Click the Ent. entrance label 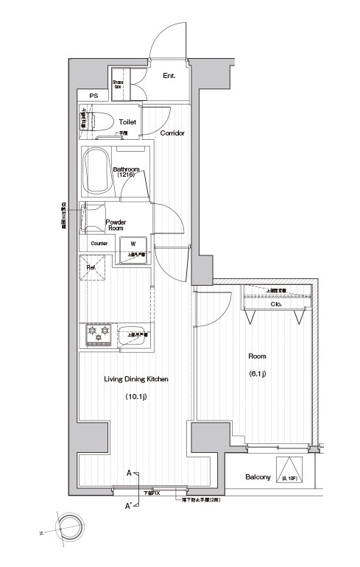pyautogui.click(x=169, y=75)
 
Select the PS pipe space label pyautogui.click(x=93, y=96)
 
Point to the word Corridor pyautogui.click(x=172, y=133)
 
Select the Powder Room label pyautogui.click(x=116, y=225)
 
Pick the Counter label pyautogui.click(x=99, y=244)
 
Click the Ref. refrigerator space pyautogui.click(x=93, y=268)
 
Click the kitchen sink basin pyautogui.click(x=133, y=335)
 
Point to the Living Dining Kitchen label pyautogui.click(x=136, y=379)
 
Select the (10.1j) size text pyautogui.click(x=136, y=398)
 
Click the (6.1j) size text pyautogui.click(x=257, y=374)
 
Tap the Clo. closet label pyautogui.click(x=277, y=303)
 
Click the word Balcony pyautogui.click(x=258, y=477)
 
